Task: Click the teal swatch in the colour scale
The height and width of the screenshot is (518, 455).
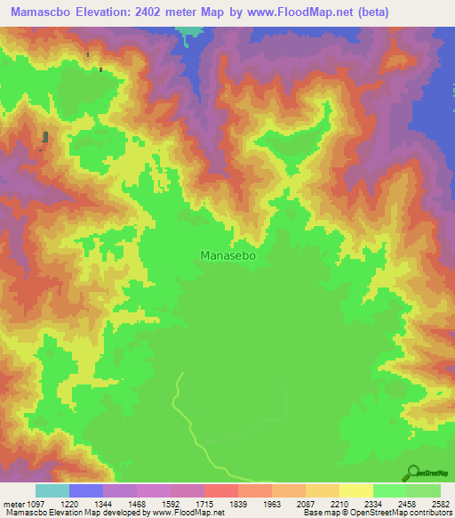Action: pos(52,490)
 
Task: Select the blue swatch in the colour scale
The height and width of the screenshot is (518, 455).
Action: pos(86,490)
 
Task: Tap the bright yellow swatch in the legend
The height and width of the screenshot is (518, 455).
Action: pos(355,490)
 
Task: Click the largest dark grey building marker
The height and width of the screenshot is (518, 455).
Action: pos(44,137)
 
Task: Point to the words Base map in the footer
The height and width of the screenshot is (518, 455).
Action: pos(320,513)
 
